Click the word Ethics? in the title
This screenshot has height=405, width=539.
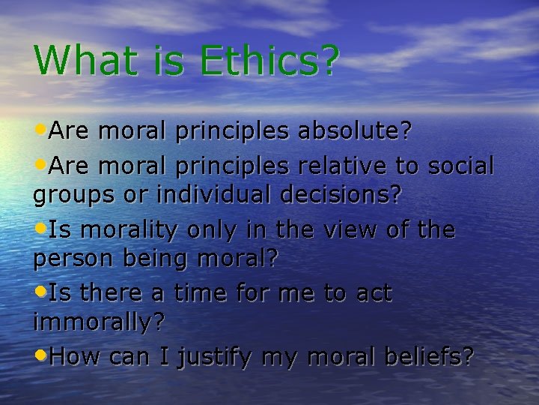click(x=271, y=60)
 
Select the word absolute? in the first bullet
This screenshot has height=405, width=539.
click(x=355, y=132)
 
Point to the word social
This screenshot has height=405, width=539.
click(x=464, y=164)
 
